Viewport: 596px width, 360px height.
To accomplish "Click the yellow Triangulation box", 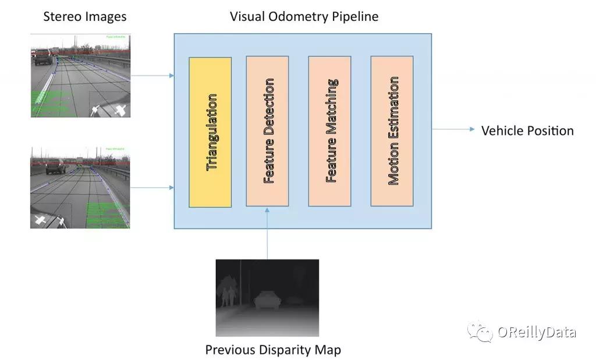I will coord(210,132).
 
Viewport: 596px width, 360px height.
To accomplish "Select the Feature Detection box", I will coord(267,131).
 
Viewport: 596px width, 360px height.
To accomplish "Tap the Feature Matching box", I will coord(329,131).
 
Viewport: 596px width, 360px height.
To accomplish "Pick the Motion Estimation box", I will coord(392,131).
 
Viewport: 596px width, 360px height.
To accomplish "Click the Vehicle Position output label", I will coord(527,131).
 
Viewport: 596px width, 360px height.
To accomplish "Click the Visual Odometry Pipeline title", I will coord(304,16).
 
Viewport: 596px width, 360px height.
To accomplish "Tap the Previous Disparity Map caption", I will coord(273,350).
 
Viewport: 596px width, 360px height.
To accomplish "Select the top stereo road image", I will coord(80,76).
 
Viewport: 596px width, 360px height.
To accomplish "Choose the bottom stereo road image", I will coord(80,187).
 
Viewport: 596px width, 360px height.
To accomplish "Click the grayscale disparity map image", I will coord(267,298).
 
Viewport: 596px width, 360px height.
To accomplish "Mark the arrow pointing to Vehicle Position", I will coord(453,130).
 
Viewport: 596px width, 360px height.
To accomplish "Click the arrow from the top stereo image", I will coord(152,75).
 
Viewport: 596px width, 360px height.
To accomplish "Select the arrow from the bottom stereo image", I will coord(152,187).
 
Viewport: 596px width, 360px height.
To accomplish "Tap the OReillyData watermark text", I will coord(536,332).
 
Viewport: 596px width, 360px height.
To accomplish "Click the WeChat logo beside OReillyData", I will coord(481,331).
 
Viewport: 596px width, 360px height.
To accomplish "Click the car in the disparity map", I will coord(267,301).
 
